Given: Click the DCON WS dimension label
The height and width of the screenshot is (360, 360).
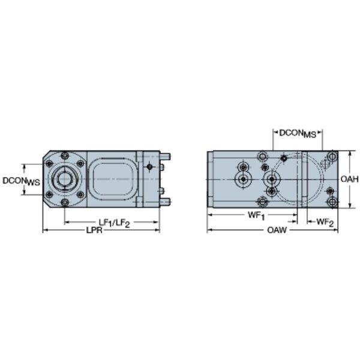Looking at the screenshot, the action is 21,181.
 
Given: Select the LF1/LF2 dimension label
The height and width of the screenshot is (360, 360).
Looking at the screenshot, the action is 115,223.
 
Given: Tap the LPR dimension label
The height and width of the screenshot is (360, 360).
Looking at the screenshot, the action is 94,230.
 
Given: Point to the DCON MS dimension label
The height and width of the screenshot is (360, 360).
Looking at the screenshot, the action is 298,134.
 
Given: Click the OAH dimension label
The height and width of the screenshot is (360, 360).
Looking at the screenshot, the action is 349,179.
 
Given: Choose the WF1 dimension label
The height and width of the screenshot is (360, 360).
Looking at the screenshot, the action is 256,215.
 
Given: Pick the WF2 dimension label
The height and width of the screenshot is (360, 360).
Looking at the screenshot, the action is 325,222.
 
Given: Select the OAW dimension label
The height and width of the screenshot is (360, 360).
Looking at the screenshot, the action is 277,230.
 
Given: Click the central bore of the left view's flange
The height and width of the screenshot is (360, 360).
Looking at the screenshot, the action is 65,179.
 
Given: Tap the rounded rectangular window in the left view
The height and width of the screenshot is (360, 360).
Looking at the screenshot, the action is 113,179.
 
